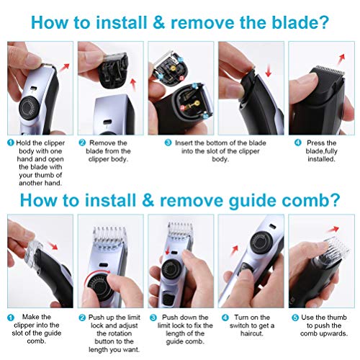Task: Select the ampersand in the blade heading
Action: click(158, 22)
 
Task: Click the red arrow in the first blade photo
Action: click(64, 68)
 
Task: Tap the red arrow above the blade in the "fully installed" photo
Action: click(341, 59)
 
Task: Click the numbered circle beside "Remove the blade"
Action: click(82, 143)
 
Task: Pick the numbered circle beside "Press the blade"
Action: click(298, 143)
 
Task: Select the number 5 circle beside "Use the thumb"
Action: click(295, 318)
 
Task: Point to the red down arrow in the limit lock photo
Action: click(168, 251)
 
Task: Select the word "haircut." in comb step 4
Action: click(252, 333)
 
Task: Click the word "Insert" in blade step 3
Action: click(184, 143)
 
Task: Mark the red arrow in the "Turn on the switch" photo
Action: click(235, 251)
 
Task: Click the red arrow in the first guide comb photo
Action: click(53, 246)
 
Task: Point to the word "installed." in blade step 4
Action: click(321, 159)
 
